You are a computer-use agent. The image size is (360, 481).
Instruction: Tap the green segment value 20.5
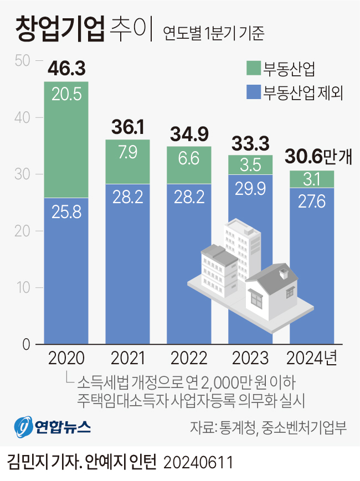[x=66, y=94]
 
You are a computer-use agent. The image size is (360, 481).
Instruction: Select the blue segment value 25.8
[x=66, y=211]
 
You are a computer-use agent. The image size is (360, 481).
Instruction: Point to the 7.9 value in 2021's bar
[x=128, y=152]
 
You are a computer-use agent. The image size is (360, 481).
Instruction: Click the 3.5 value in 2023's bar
[x=250, y=165]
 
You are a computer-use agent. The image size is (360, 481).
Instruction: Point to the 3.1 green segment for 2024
[x=312, y=179]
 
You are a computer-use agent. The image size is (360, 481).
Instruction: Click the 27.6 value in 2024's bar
[x=312, y=200]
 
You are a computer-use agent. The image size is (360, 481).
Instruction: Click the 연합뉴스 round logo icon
[x=23, y=427]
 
